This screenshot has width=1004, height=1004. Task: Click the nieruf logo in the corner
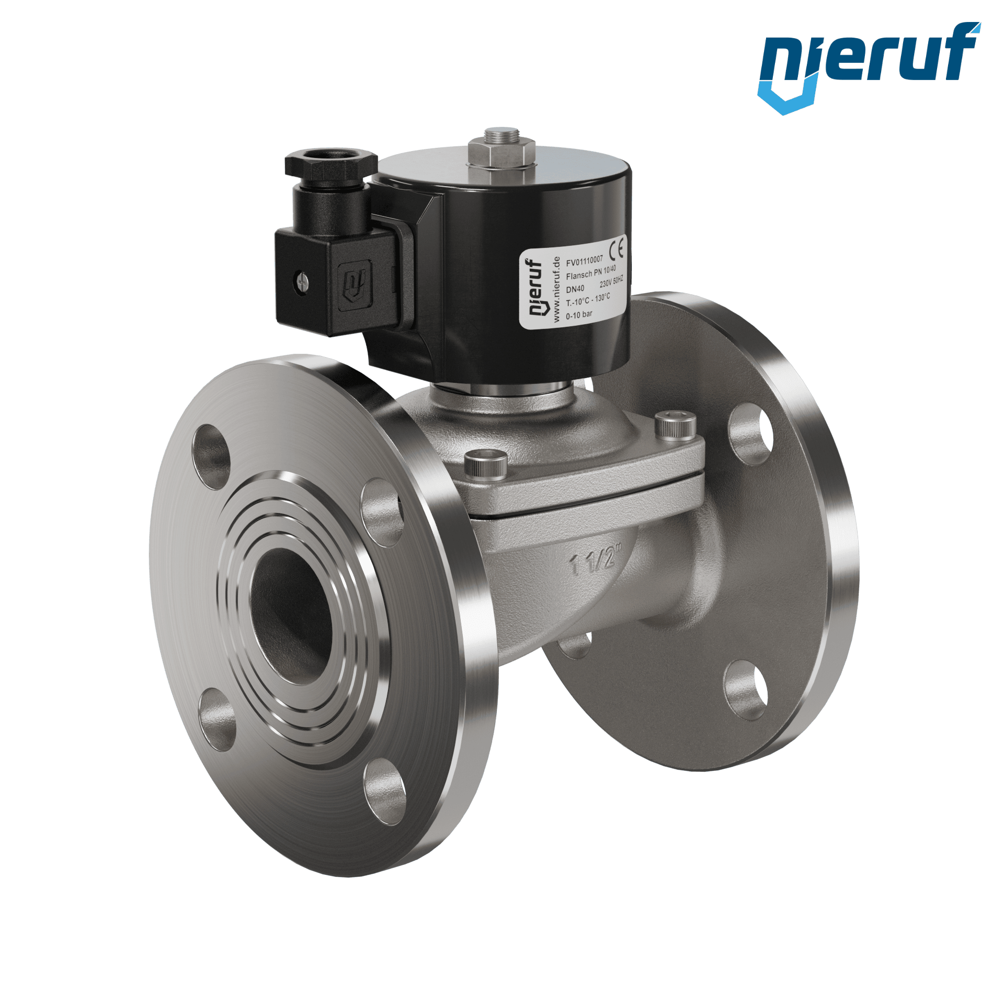point(869,67)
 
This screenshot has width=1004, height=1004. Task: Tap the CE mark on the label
point(617,247)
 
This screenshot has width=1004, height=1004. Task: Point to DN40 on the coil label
point(575,289)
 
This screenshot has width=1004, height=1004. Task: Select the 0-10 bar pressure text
point(579,315)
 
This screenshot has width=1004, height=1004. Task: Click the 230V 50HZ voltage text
point(611,282)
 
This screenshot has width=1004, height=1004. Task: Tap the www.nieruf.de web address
point(556,289)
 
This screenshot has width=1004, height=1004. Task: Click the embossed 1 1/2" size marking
point(596,560)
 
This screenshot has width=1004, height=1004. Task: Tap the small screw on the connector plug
point(302,281)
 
